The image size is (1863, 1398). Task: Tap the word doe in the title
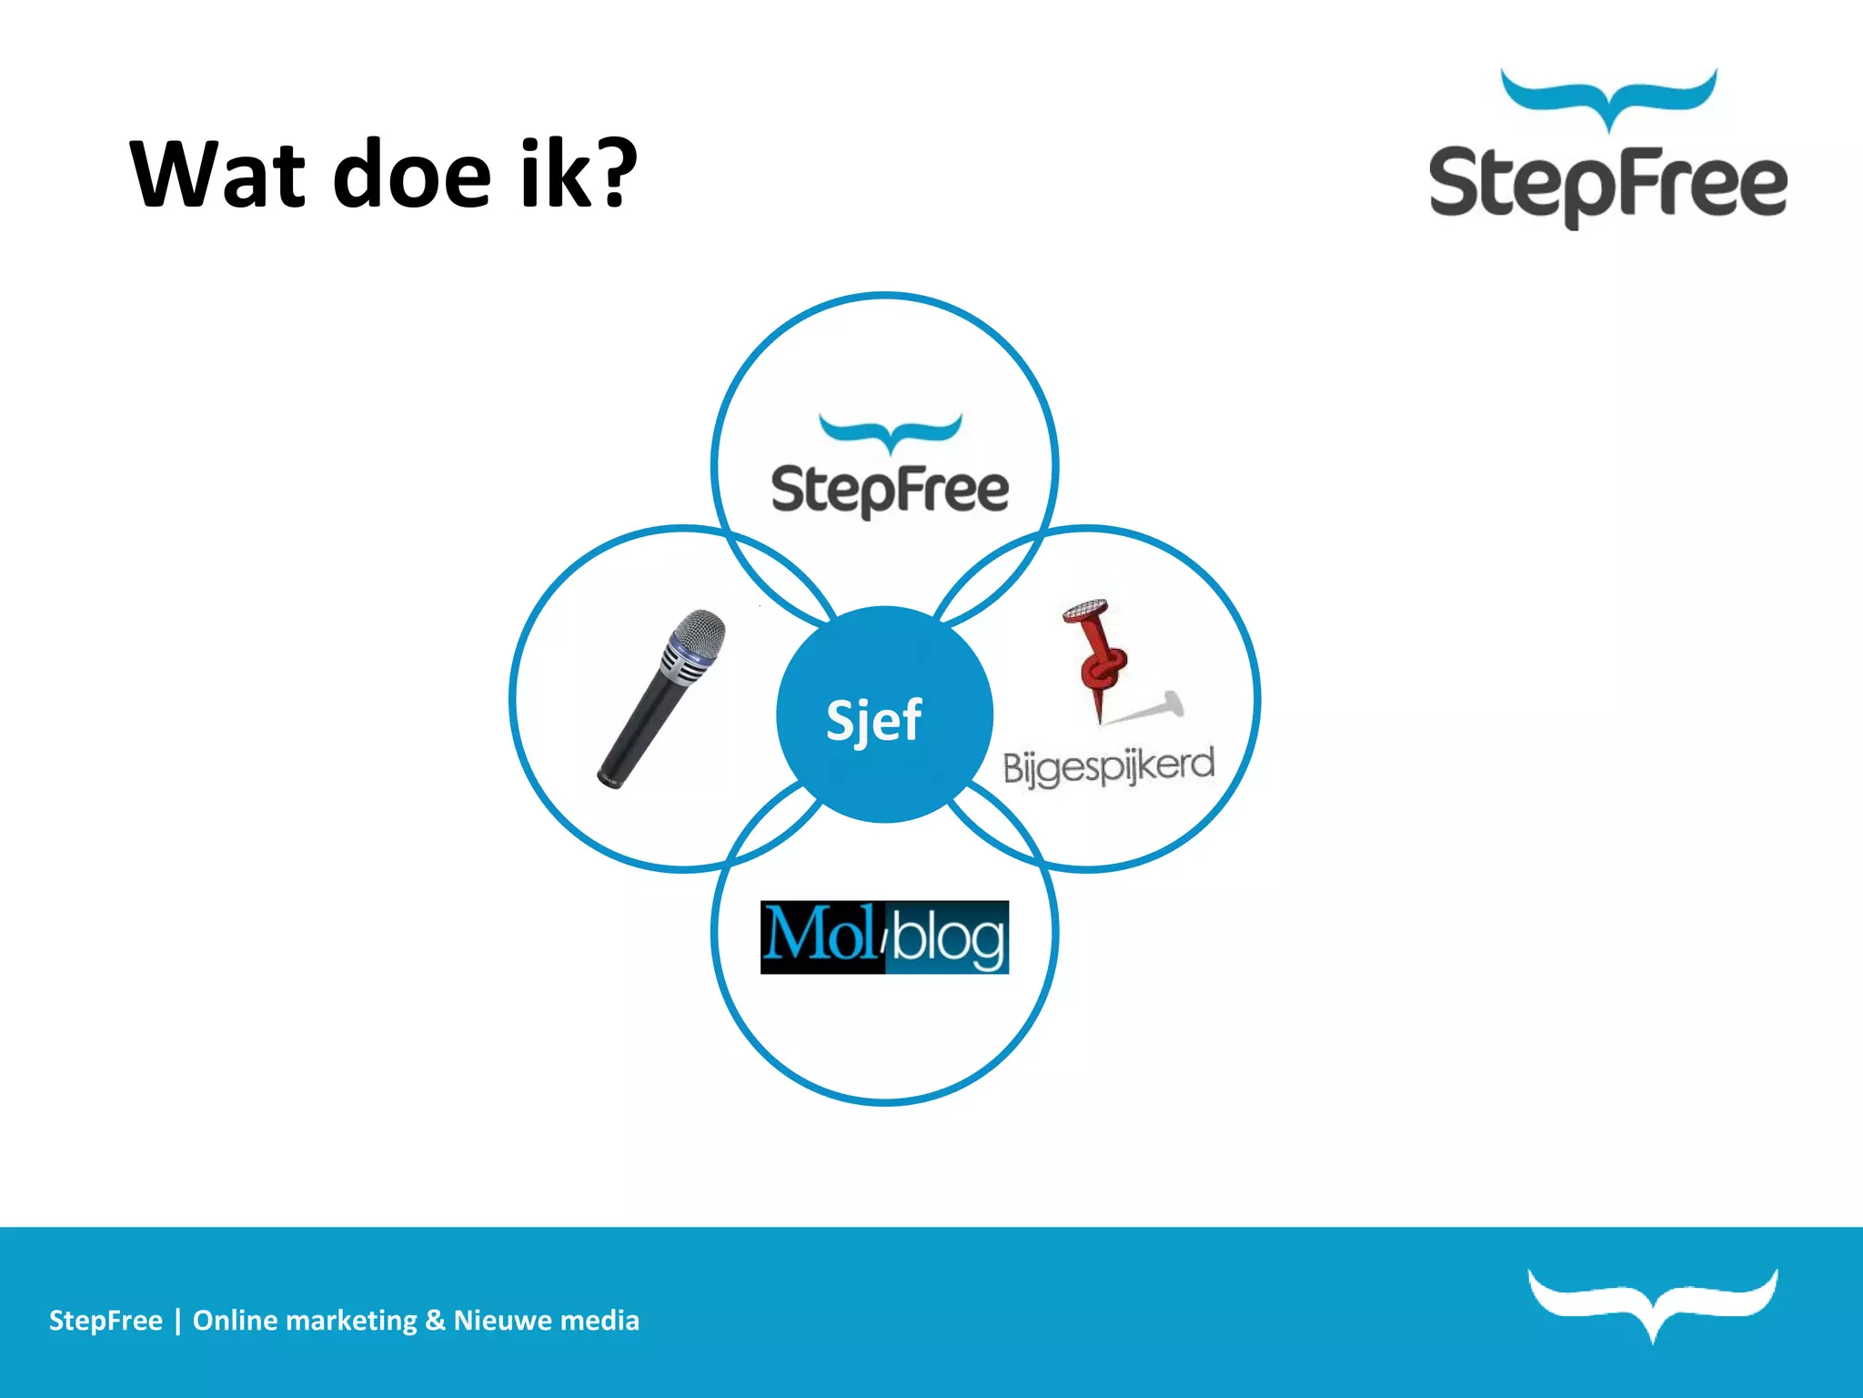(412, 175)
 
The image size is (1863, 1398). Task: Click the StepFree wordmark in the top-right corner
(1607, 185)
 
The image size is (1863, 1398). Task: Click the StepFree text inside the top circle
(890, 491)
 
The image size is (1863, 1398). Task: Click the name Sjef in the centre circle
(873, 720)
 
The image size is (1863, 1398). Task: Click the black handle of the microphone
(637, 728)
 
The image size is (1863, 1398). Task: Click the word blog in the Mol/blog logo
(948, 938)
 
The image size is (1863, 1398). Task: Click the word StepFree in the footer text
(106, 1321)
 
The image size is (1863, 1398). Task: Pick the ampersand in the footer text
(435, 1321)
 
